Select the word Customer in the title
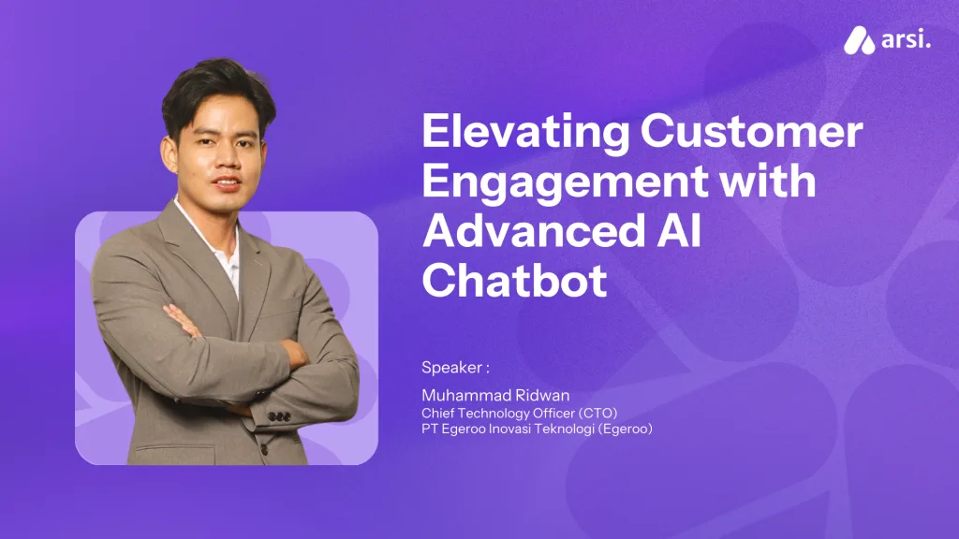pos(752,131)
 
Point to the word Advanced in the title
pos(528,230)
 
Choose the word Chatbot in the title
pos(514,280)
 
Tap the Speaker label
pos(455,368)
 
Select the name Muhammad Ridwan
pos(495,396)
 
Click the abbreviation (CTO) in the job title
pos(598,413)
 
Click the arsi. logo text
pos(906,40)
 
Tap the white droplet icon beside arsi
pos(860,41)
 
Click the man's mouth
pos(227,182)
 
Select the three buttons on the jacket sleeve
pos(279,416)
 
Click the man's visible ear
pos(168,154)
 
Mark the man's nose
pos(230,159)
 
